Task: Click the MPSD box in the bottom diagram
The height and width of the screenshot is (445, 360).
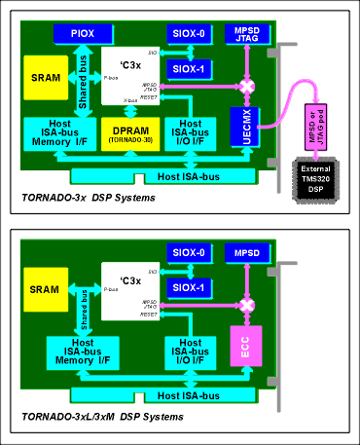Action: (241, 253)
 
